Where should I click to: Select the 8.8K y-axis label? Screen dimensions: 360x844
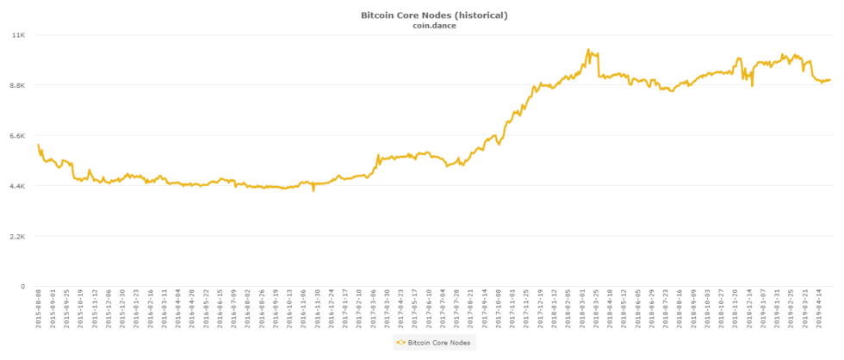(x=18, y=85)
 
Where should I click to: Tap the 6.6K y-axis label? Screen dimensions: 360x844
(x=18, y=135)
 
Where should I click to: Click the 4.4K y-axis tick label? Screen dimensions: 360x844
(x=18, y=185)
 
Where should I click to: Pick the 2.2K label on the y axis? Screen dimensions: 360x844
(x=18, y=236)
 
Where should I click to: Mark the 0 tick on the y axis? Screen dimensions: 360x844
(x=23, y=286)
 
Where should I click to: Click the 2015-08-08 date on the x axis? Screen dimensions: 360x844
(x=39, y=313)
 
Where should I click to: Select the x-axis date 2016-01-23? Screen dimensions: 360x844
(x=136, y=313)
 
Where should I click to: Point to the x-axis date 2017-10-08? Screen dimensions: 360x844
(x=498, y=313)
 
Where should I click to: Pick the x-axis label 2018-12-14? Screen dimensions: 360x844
(x=748, y=313)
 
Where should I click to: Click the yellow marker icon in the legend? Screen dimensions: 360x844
(x=400, y=343)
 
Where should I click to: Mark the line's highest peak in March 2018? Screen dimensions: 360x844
(x=588, y=50)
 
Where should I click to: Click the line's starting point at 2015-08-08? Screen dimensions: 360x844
(x=39, y=145)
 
